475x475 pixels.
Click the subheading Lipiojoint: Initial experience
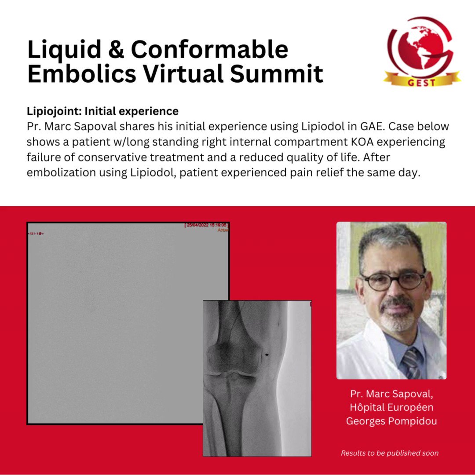click(x=102, y=111)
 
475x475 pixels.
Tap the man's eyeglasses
click(x=393, y=280)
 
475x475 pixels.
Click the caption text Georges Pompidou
click(x=391, y=421)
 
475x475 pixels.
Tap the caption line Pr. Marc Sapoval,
click(x=391, y=393)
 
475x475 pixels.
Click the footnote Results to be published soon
click(x=390, y=453)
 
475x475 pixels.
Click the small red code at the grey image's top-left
click(x=35, y=233)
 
